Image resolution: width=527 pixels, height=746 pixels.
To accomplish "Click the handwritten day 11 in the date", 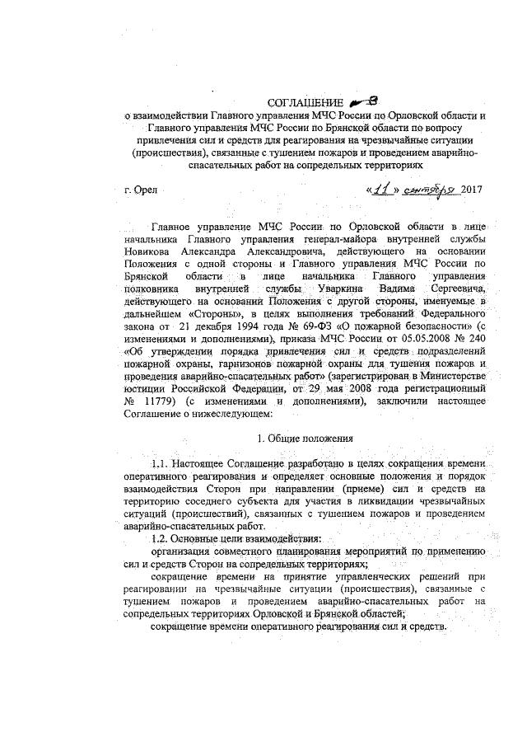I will click(381, 190).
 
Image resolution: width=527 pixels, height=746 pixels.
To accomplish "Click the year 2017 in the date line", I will click(471, 191).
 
